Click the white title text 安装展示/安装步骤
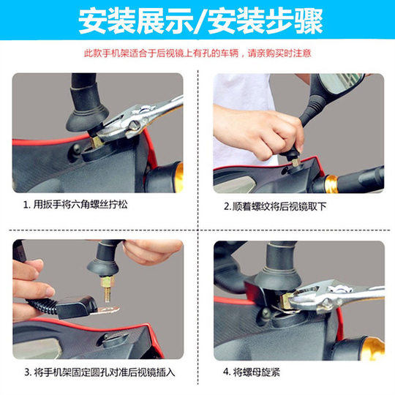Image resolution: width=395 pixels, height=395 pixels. point(197,23)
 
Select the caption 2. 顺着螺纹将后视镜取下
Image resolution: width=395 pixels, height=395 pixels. point(275,206)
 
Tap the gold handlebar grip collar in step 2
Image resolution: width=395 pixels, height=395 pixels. point(332,180)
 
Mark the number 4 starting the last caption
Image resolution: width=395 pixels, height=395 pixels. point(226,372)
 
